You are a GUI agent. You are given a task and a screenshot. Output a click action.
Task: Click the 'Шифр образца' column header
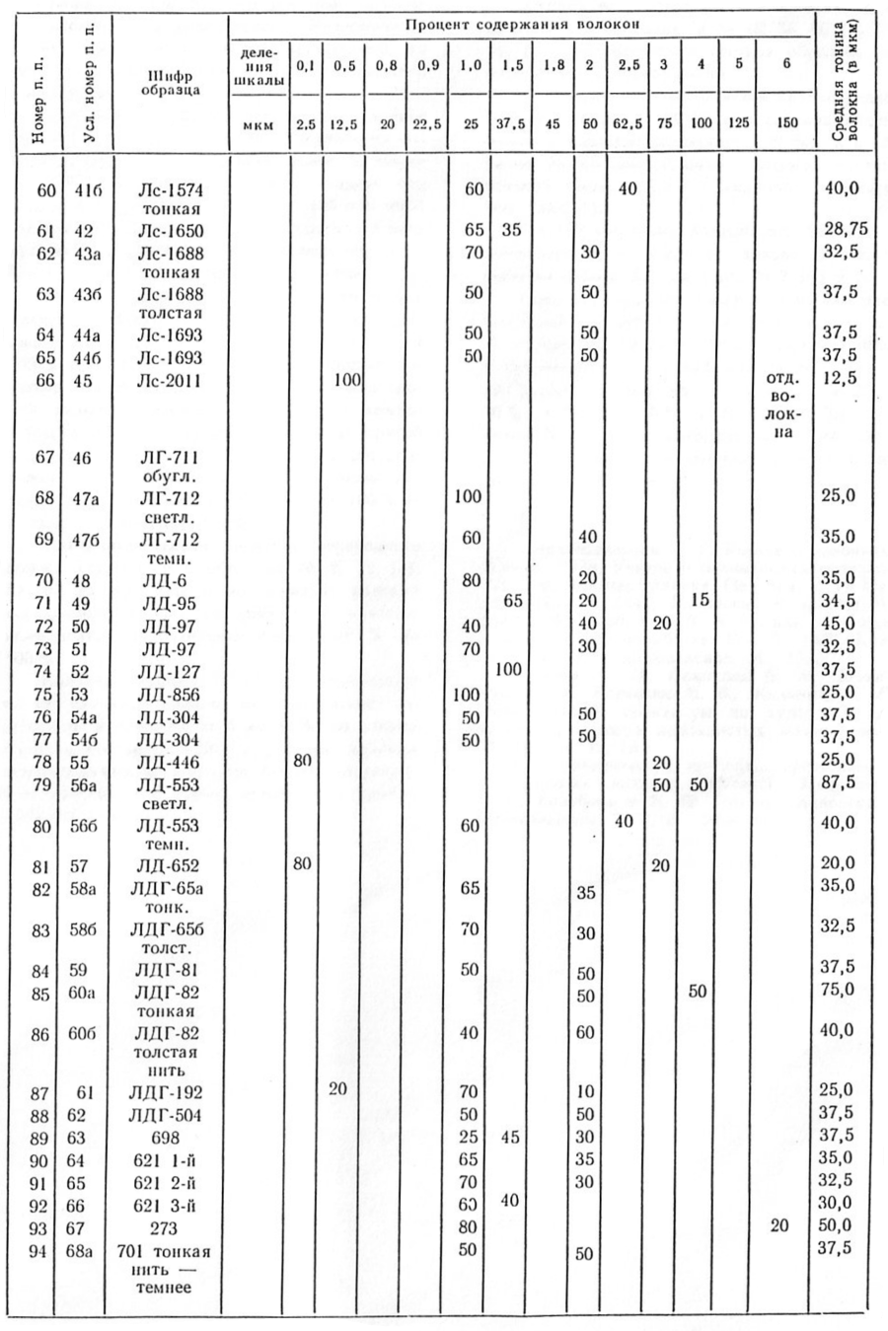point(170,80)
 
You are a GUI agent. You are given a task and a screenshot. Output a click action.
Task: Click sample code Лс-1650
point(170,231)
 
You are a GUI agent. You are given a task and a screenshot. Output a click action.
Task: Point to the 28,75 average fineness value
point(845,229)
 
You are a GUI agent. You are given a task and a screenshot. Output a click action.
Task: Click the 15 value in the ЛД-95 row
point(700,599)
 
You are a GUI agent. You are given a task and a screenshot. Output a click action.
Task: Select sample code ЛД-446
point(170,762)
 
